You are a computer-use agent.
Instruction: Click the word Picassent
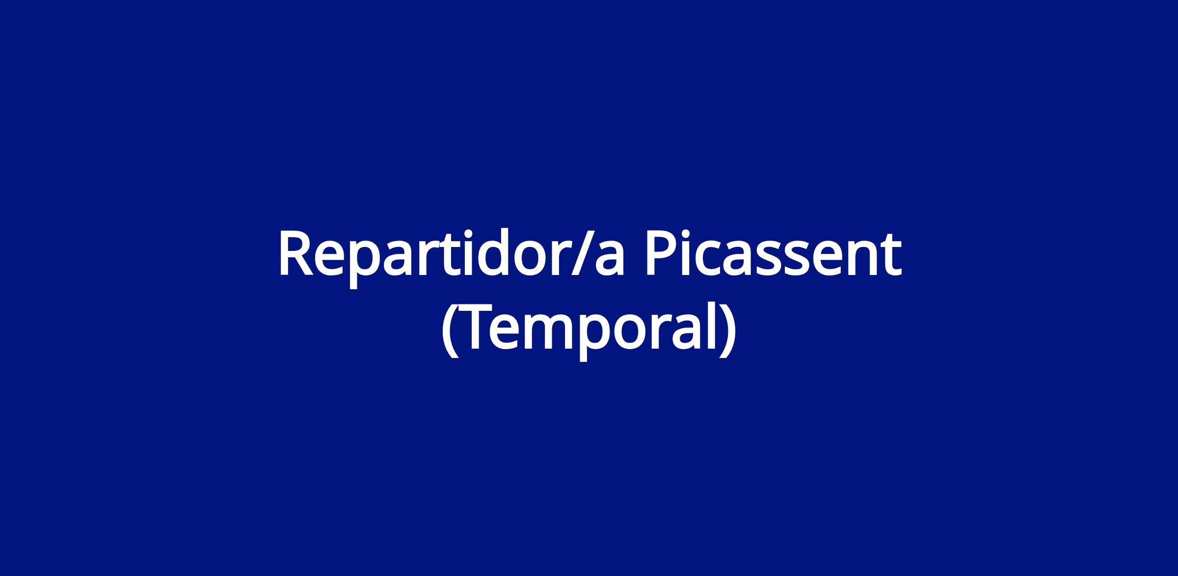[x=773, y=253]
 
